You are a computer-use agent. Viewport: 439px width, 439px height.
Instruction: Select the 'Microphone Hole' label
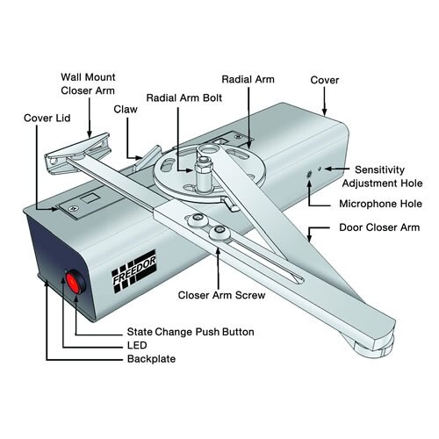click(380, 205)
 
